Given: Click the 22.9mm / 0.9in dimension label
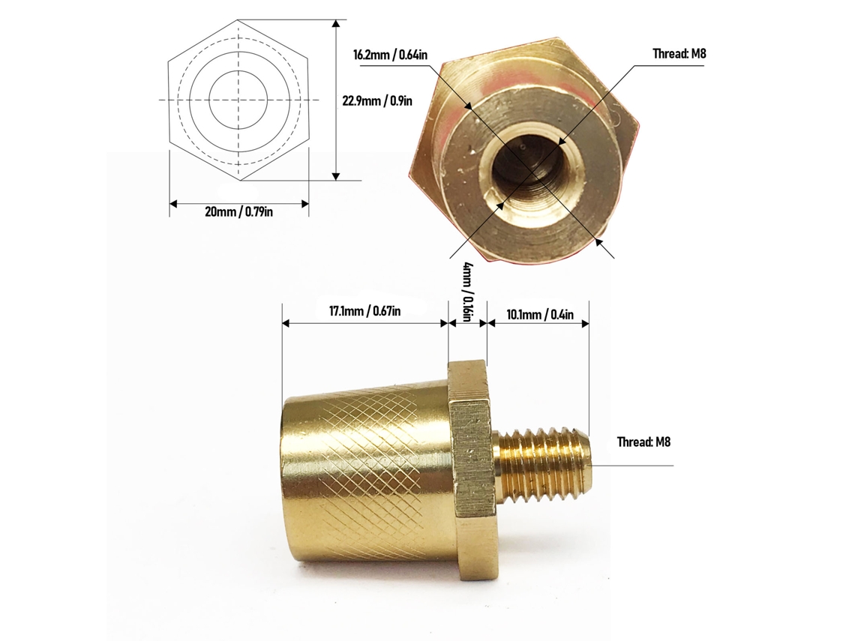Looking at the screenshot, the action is [377, 101].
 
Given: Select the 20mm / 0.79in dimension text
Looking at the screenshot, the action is [238, 211].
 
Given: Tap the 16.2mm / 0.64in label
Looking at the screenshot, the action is [390, 55].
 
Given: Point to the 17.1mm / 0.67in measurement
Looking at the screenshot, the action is [364, 311].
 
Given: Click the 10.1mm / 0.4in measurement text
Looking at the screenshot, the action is [540, 315].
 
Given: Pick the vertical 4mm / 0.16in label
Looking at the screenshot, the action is [467, 292].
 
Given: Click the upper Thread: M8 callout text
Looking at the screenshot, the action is [679, 53].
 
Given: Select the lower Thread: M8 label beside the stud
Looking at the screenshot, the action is [643, 442].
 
